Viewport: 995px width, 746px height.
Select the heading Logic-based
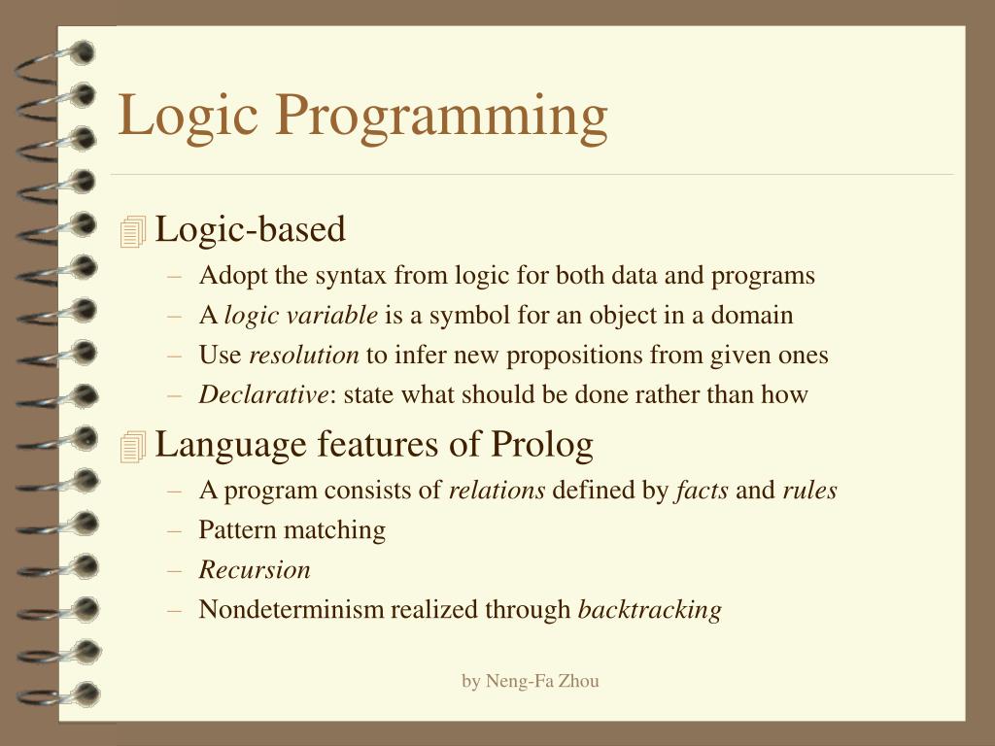click(x=251, y=230)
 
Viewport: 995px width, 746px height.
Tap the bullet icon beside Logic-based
click(x=132, y=232)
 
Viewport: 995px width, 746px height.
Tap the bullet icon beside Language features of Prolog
click(x=132, y=447)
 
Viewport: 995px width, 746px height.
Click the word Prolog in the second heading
click(x=541, y=445)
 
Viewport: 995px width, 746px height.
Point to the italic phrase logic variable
click(x=301, y=316)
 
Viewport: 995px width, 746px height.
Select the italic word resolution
click(x=304, y=356)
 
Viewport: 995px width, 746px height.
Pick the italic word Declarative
click(x=263, y=394)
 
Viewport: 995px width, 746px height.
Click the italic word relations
click(x=497, y=491)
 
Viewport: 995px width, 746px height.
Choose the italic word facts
click(x=702, y=491)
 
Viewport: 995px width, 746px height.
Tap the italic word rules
click(x=809, y=491)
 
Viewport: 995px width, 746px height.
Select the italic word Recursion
click(x=255, y=570)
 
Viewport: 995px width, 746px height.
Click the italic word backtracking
click(x=649, y=610)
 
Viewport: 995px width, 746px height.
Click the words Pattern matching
click(x=292, y=530)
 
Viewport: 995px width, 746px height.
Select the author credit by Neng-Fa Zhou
click(x=530, y=681)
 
